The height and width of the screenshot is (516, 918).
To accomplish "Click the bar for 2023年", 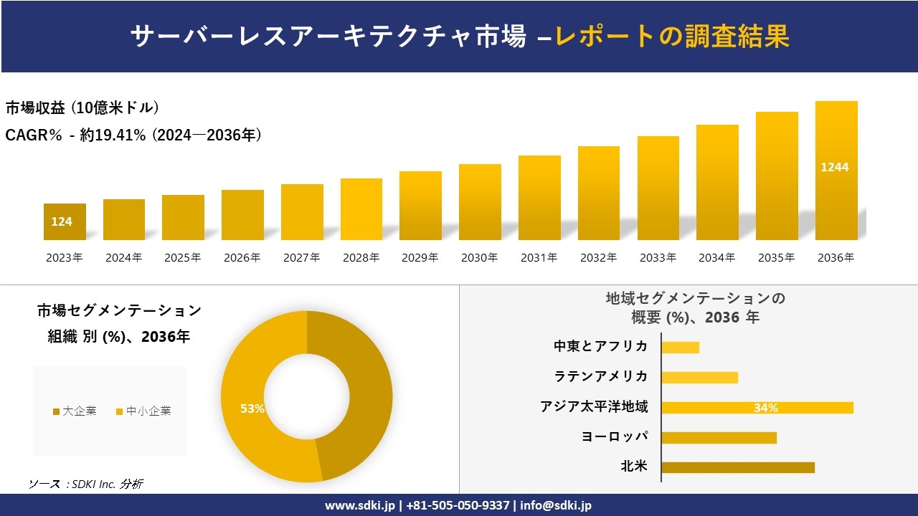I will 65,221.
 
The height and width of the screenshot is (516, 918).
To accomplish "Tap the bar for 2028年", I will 361,209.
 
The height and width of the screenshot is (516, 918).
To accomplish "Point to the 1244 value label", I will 835,167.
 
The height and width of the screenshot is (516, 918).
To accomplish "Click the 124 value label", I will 62,222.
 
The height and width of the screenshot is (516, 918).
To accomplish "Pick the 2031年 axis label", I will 539,258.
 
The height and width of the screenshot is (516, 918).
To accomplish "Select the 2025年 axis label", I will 183,258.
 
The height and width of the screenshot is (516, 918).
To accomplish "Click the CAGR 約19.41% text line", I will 133,135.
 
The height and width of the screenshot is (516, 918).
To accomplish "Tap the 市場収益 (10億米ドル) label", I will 82,108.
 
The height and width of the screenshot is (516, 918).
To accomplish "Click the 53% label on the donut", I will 252,408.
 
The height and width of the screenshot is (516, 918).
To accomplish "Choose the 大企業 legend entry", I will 75,411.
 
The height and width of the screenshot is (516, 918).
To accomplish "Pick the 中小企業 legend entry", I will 143,411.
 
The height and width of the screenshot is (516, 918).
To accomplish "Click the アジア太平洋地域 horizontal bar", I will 757,408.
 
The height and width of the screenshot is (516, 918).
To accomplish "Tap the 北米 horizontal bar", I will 737,467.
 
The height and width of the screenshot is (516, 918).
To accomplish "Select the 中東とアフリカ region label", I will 600,347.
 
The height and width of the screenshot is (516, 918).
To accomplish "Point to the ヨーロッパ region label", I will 615,437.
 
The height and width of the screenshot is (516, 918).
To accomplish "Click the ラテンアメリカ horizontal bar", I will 699,378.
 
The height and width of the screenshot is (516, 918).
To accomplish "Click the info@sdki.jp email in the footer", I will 556,505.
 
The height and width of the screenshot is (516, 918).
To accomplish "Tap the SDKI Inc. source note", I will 85,484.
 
